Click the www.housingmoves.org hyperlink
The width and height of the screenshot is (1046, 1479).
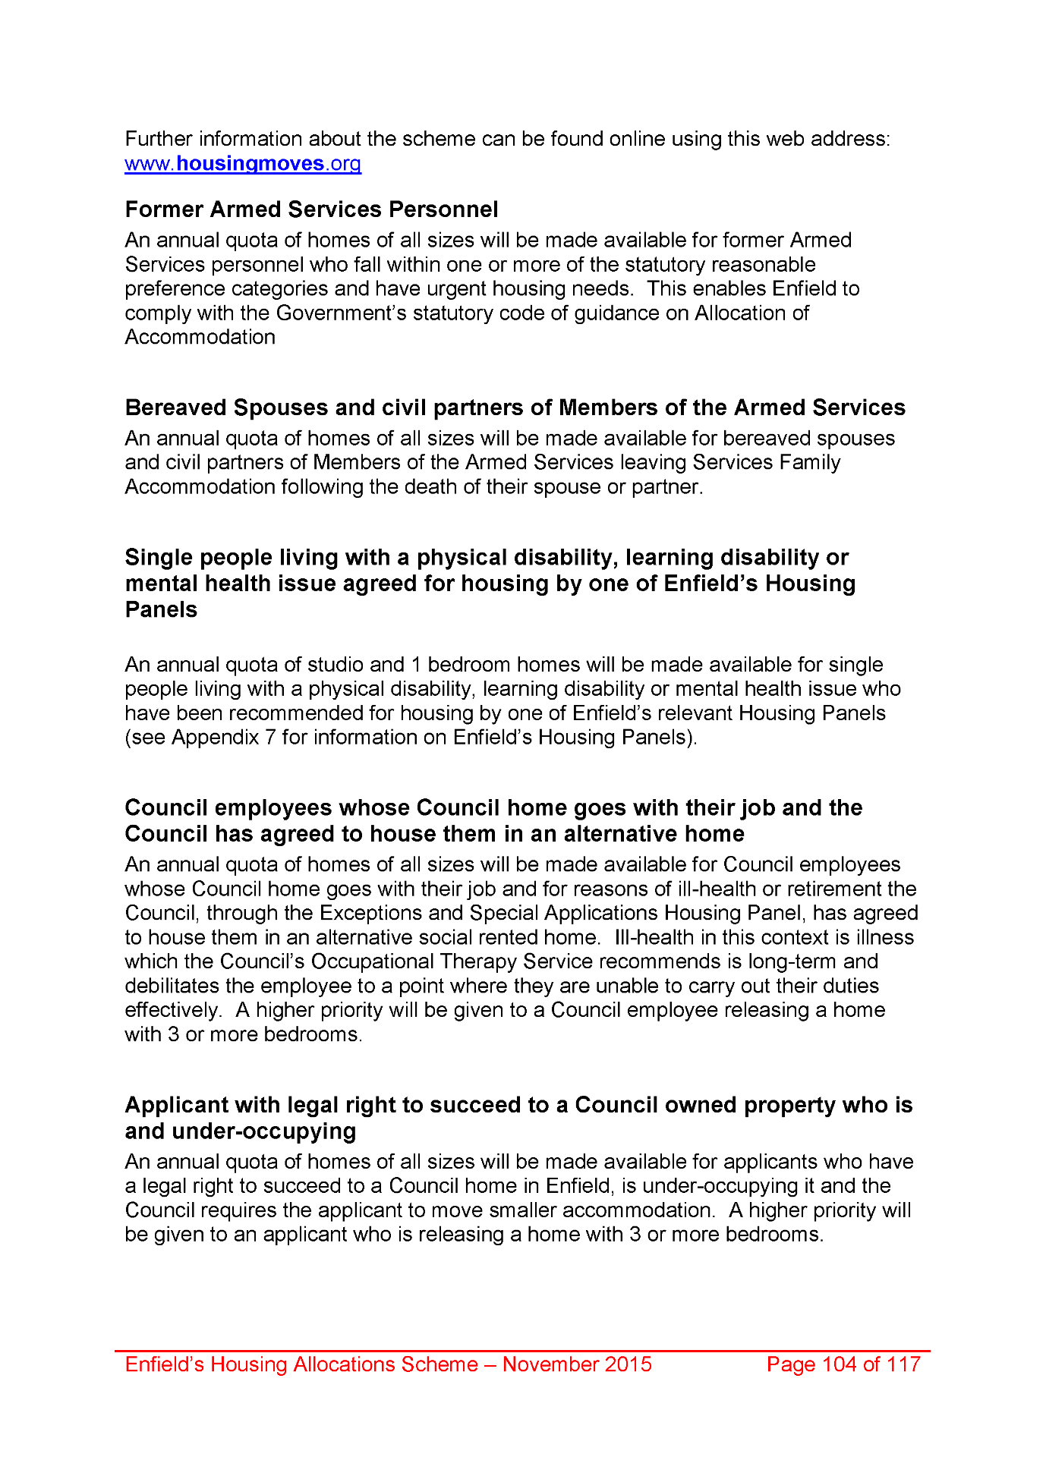point(243,164)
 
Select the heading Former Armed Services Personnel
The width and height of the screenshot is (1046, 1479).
point(311,209)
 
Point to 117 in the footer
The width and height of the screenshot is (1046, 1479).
point(903,1364)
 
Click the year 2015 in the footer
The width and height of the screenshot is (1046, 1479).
point(628,1364)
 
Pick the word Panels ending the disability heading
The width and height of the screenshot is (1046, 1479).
point(161,610)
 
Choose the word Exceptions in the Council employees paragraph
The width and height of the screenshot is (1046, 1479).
point(367,913)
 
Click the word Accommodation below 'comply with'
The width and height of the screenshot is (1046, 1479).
point(200,338)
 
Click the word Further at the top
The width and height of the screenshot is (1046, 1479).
point(159,140)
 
